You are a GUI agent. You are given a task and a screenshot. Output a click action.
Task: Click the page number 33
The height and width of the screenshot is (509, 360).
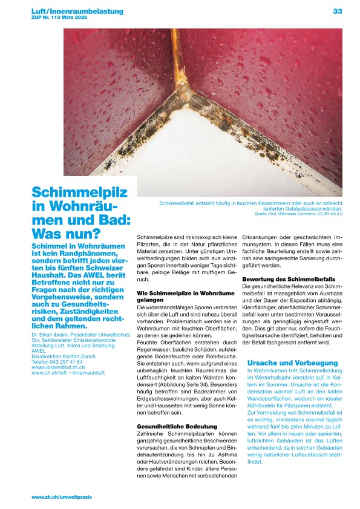337,11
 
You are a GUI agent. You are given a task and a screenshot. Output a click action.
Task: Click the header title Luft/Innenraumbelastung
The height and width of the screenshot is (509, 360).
77,11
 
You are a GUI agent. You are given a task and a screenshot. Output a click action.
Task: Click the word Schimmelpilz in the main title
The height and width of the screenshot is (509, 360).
80,193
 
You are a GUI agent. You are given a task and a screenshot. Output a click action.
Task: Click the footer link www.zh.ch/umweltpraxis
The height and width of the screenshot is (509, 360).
62,497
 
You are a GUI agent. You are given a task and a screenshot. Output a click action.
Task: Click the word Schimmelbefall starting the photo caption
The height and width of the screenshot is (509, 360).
176,203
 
